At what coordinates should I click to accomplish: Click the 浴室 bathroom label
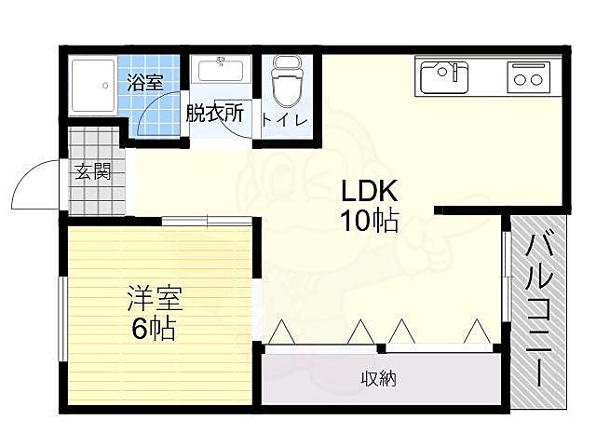pos(145,82)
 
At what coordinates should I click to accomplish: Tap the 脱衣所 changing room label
pos(215,113)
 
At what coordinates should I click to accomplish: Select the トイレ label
pos(285,120)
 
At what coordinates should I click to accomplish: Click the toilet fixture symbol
pos(289,82)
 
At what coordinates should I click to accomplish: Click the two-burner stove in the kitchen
pos(528,77)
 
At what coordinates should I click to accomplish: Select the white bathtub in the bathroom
pos(93,86)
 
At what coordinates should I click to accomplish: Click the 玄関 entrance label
pos(92,171)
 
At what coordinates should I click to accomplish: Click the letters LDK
pos(370,191)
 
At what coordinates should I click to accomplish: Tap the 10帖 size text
pos(370,221)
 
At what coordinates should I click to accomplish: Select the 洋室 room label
pos(156,298)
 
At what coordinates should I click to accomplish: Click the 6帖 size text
pos(154,329)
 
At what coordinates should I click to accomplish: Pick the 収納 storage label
pos(379,379)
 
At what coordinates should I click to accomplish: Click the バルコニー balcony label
pos(539,310)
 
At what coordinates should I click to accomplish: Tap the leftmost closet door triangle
pos(281,332)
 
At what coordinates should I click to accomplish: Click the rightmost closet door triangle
pos(477,332)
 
